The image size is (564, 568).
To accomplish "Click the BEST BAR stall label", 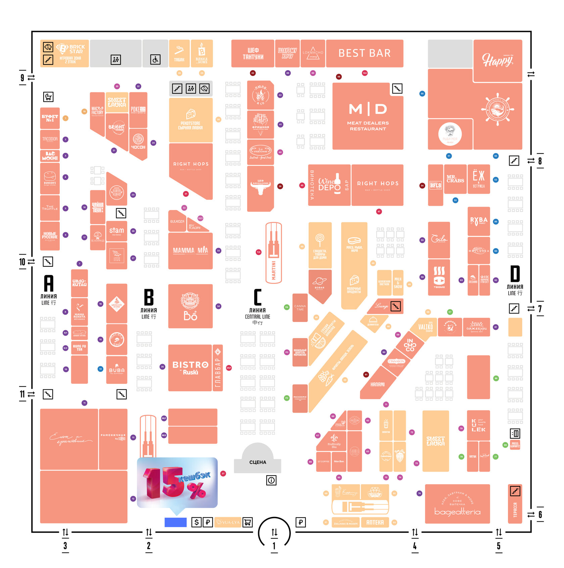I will (x=364, y=53).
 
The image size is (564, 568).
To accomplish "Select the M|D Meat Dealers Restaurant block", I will (x=368, y=116).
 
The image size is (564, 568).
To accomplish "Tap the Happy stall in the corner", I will (x=498, y=60).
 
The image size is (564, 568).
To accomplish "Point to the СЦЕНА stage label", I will (x=257, y=462).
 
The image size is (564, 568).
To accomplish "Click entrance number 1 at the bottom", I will (x=274, y=546).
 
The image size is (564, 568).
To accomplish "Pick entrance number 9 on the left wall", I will (x=22, y=78).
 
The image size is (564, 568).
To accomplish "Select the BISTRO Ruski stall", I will (x=190, y=368).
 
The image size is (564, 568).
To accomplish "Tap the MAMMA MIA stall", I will (x=190, y=251).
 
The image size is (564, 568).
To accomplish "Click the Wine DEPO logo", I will (x=329, y=184).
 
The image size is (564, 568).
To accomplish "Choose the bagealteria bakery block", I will (x=457, y=504).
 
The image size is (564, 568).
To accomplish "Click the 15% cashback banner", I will (x=177, y=482).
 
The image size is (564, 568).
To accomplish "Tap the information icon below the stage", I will (x=271, y=480).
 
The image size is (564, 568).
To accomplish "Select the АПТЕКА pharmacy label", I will (x=375, y=522).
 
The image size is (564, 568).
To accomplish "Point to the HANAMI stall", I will (x=377, y=384).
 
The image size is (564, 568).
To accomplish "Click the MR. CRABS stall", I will (x=455, y=179).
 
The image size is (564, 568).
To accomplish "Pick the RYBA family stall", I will (x=479, y=221).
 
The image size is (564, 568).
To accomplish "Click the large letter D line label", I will (x=515, y=273).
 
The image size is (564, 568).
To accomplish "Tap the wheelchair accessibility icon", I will (x=155, y=59).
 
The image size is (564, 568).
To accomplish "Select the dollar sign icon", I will (x=196, y=522).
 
